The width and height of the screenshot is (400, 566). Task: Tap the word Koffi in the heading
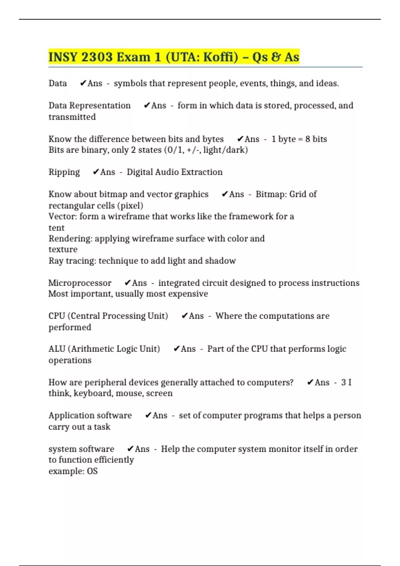(220, 57)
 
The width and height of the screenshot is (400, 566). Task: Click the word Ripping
(64, 172)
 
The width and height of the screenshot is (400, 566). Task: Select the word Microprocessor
(80, 283)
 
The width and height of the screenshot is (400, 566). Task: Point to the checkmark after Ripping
(96, 172)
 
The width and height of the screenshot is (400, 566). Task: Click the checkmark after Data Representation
(147, 106)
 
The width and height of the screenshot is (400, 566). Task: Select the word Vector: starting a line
(63, 216)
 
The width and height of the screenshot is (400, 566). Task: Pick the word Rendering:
(70, 239)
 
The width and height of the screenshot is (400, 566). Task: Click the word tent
(56, 228)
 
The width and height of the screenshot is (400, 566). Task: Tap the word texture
(63, 249)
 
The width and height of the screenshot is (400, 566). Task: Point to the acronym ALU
(57, 349)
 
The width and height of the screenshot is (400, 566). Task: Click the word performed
(70, 327)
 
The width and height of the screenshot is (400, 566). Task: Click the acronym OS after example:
(92, 471)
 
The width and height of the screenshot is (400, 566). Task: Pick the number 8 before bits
(308, 139)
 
